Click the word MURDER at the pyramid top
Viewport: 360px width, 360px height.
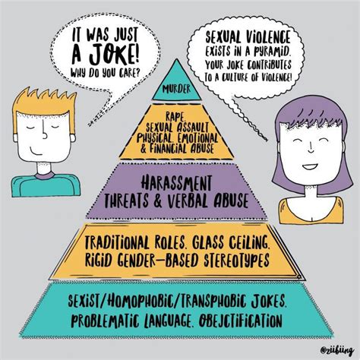[177, 89]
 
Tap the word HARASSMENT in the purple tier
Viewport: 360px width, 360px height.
[176, 183]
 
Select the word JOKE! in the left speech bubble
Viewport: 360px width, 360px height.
[114, 55]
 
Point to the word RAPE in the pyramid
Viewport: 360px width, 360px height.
[175, 116]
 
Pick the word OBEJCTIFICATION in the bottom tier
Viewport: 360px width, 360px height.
[240, 321]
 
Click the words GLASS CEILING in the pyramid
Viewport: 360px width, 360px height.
[230, 243]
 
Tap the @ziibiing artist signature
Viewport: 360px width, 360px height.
[336, 350]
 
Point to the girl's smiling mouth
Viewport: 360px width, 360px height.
[311, 167]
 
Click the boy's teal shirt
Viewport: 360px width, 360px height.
[46, 185]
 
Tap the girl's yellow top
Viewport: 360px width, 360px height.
[311, 211]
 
